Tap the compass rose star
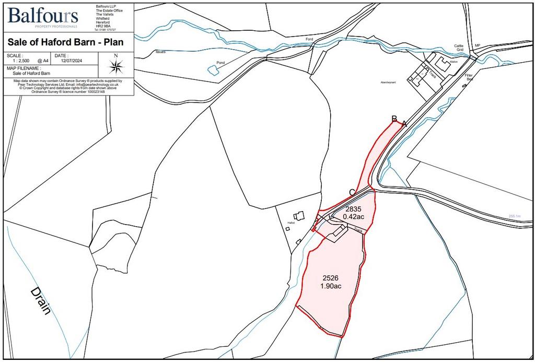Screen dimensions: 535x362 (116, 66)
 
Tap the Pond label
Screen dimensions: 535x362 (220, 63)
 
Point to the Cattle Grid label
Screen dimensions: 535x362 (459, 48)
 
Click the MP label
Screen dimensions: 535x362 (476, 45)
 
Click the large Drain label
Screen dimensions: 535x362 (40, 301)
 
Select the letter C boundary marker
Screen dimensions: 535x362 (353, 192)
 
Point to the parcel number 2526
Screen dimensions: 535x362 (330, 278)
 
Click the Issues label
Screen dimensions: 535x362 (160, 52)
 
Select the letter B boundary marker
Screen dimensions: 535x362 (395, 119)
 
